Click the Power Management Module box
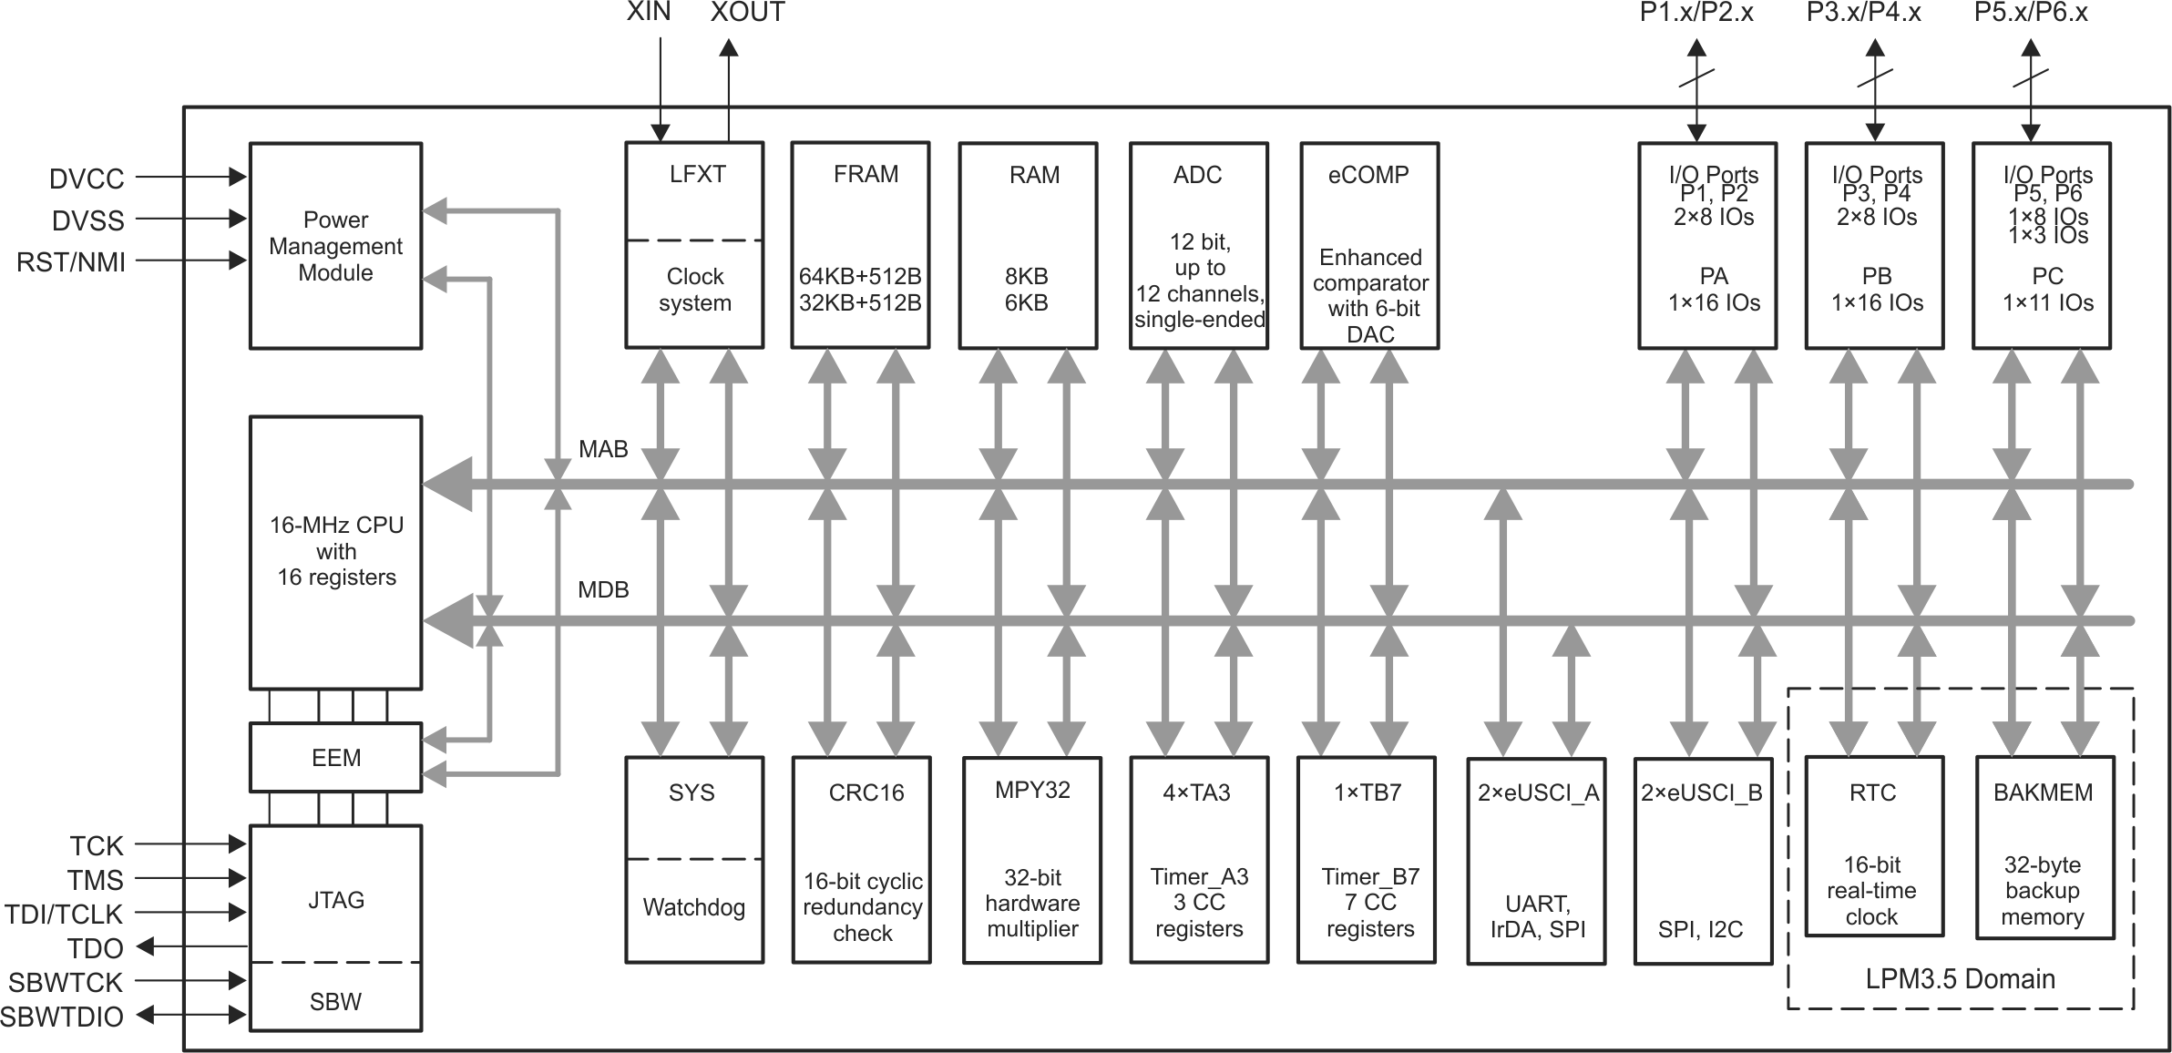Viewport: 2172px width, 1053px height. coord(335,246)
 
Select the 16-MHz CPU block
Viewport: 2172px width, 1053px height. coord(335,552)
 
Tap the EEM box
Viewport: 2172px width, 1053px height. coord(335,757)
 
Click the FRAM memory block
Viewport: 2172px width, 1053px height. coord(860,245)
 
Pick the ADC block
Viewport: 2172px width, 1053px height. coord(1198,245)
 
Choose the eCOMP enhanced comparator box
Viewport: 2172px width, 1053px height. coord(1369,245)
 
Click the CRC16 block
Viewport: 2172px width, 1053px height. coord(862,860)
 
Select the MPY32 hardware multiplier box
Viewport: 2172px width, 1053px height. coord(1032,860)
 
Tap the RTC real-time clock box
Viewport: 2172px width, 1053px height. coord(1873,846)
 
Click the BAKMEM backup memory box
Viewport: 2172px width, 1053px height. coord(2044,846)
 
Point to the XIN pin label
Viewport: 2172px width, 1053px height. coord(649,12)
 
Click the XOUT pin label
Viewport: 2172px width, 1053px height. coord(747,12)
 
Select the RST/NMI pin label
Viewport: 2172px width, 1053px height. coord(71,262)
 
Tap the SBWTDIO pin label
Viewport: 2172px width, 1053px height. coord(62,1017)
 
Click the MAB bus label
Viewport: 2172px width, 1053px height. coord(603,449)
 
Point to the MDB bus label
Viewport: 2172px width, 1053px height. coord(603,589)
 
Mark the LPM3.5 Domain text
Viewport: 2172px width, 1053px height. coord(1960,979)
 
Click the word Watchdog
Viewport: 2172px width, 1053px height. coord(693,907)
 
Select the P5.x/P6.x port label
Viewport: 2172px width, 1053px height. coord(2031,12)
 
